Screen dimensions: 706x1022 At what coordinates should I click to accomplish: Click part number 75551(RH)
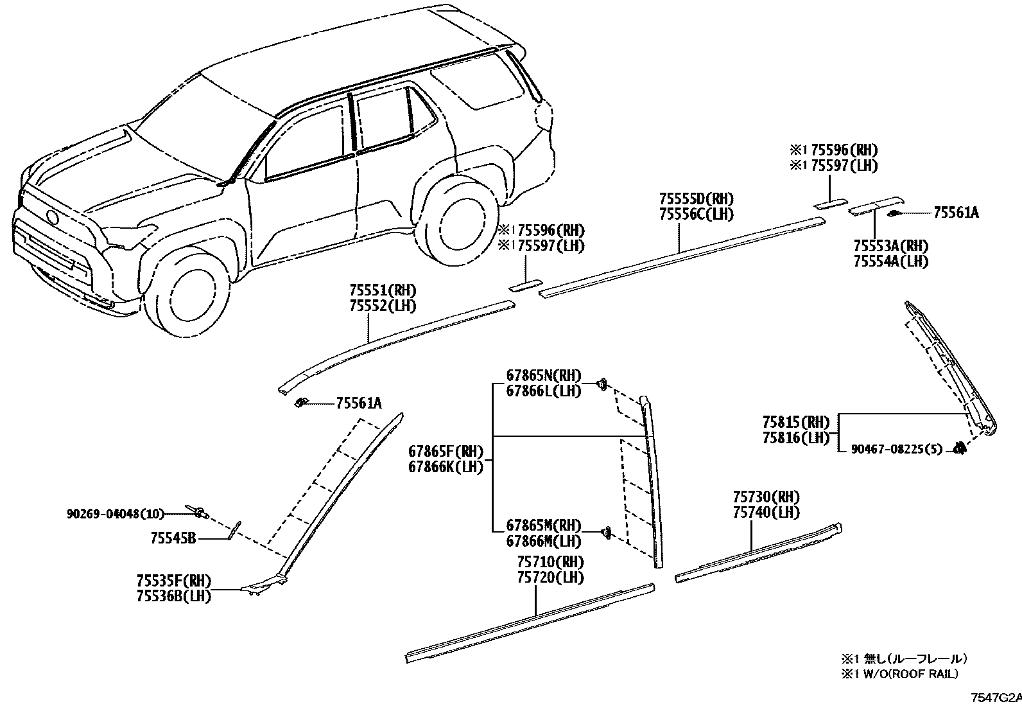[x=383, y=290]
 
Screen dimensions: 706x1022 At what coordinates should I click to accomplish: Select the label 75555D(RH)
[x=696, y=199]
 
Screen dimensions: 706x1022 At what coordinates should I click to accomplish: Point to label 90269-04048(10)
[x=116, y=513]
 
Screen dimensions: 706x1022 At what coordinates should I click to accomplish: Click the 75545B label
[x=173, y=539]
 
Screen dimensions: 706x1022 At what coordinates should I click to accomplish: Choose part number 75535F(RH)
[x=173, y=581]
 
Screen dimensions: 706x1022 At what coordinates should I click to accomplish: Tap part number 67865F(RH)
[x=445, y=452]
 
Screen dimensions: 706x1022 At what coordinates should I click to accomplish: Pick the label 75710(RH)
[x=550, y=562]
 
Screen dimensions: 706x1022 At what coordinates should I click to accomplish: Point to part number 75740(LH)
[x=766, y=512]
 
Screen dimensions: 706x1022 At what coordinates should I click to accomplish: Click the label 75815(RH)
[x=796, y=423]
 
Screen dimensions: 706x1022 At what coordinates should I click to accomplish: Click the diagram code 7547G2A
[x=995, y=698]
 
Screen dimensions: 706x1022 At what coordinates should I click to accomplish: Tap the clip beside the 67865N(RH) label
[x=602, y=384]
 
